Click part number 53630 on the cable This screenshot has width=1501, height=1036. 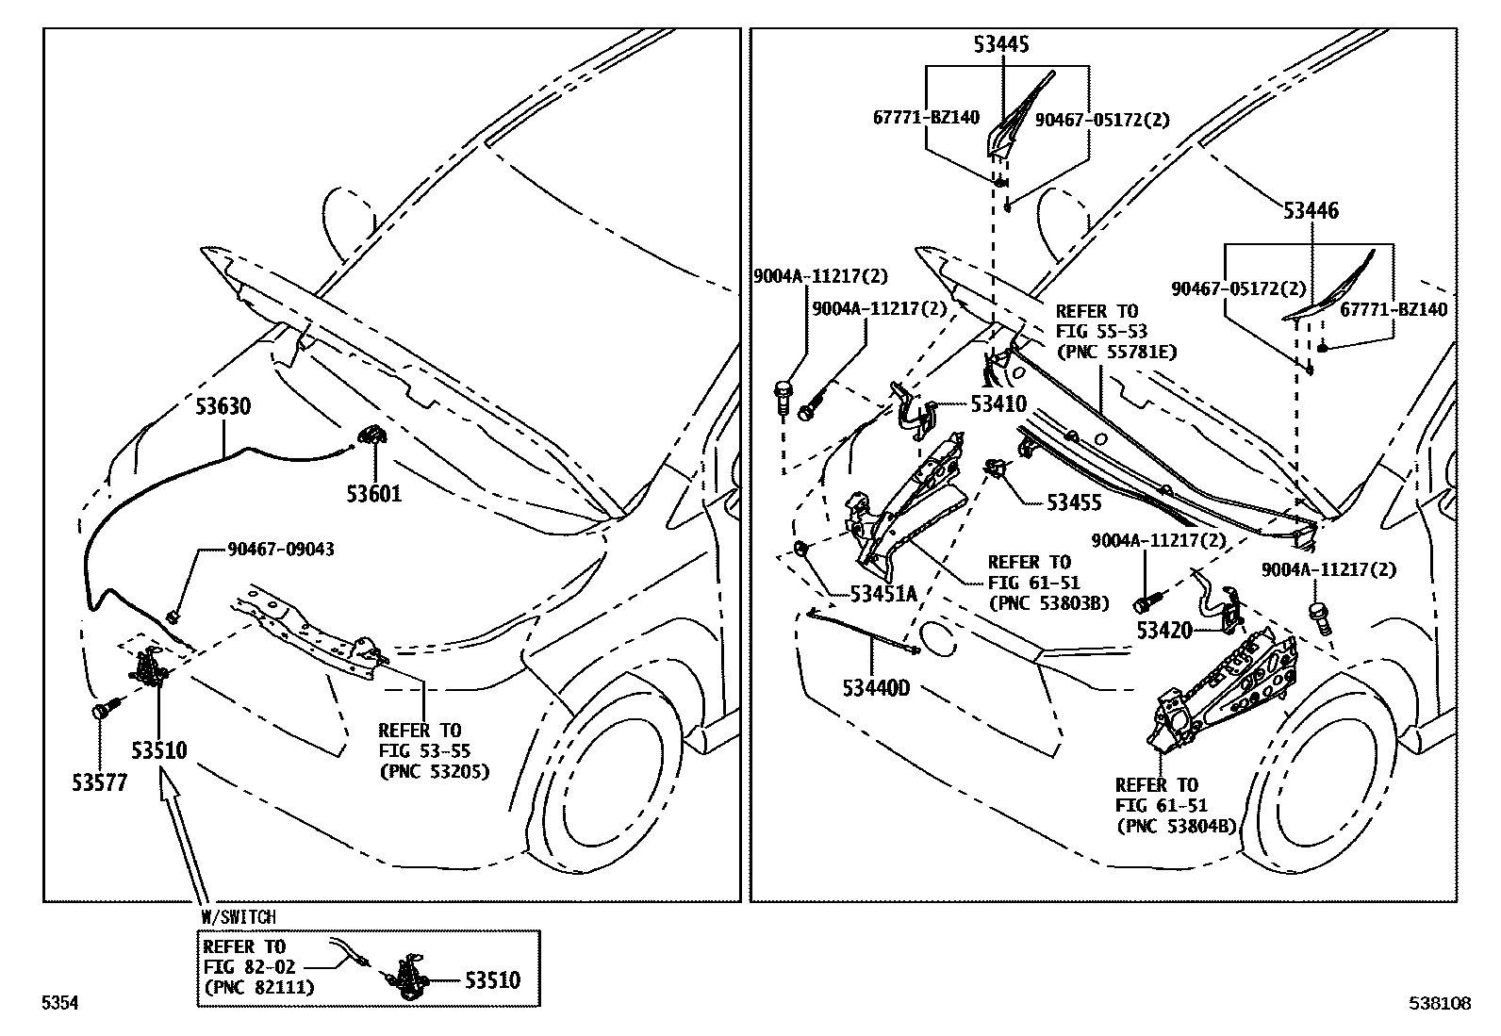click(x=223, y=407)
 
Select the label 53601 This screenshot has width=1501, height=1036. click(x=373, y=493)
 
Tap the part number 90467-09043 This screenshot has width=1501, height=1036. click(x=280, y=550)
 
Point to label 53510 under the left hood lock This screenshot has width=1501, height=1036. click(x=158, y=751)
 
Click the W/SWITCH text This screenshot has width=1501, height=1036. click(x=239, y=916)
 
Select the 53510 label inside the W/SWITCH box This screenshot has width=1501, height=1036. click(x=491, y=980)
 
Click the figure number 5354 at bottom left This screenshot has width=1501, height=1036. click(x=59, y=1005)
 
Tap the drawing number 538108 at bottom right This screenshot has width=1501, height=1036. click(x=1440, y=1005)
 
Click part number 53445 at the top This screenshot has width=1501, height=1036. click(x=1001, y=44)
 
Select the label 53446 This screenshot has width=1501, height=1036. click(x=1310, y=210)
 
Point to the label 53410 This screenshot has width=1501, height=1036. click(x=998, y=405)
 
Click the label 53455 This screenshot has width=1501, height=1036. click(x=1074, y=503)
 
